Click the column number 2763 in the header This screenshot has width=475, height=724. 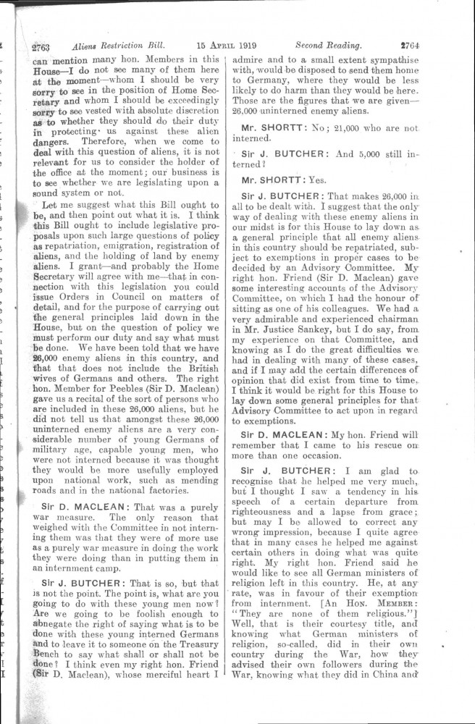point(39,47)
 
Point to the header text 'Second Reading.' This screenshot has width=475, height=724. point(328,44)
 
